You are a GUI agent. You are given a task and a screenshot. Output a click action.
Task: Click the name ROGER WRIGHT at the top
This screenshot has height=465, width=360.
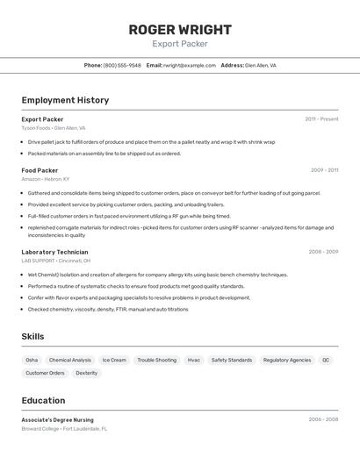point(180,29)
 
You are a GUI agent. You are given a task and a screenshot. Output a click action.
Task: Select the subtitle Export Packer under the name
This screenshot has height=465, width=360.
point(180,44)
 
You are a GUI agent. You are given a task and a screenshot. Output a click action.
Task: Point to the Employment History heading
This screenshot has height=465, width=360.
point(65,100)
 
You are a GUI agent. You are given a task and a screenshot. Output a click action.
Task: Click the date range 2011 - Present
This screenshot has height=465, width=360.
point(321,119)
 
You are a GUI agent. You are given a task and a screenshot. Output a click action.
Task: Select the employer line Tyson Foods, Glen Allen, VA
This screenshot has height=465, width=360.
point(54,128)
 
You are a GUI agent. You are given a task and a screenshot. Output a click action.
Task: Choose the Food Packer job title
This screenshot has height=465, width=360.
point(40,170)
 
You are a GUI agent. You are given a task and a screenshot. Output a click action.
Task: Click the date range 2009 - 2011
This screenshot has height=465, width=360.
point(324,170)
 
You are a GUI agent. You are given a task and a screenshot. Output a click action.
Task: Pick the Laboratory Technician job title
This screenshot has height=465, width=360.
point(55,252)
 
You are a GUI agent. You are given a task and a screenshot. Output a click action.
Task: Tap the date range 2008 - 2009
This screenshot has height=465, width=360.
point(323,252)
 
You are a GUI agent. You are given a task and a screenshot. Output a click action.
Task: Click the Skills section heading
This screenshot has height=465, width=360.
point(33,336)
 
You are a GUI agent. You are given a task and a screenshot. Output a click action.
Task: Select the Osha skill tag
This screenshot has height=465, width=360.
point(32,360)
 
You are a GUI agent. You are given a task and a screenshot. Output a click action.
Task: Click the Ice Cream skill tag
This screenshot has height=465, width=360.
point(114,360)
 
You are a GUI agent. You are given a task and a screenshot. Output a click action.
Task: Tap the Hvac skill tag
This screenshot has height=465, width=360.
point(194,360)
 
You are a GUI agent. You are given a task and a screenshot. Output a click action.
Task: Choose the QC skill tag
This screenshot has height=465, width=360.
point(326,360)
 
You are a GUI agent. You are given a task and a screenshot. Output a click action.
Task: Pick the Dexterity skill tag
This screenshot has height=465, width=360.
point(87,373)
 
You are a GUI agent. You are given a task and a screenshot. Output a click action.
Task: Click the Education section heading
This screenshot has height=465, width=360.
point(44,400)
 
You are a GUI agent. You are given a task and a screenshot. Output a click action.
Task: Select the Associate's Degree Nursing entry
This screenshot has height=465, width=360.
point(58,420)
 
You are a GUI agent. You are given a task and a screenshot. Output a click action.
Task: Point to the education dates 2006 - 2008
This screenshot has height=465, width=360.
point(323,420)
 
